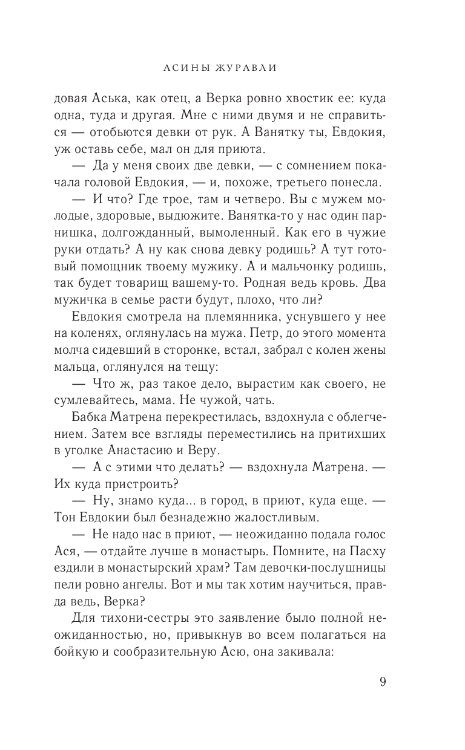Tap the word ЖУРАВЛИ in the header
[x=246, y=68]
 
